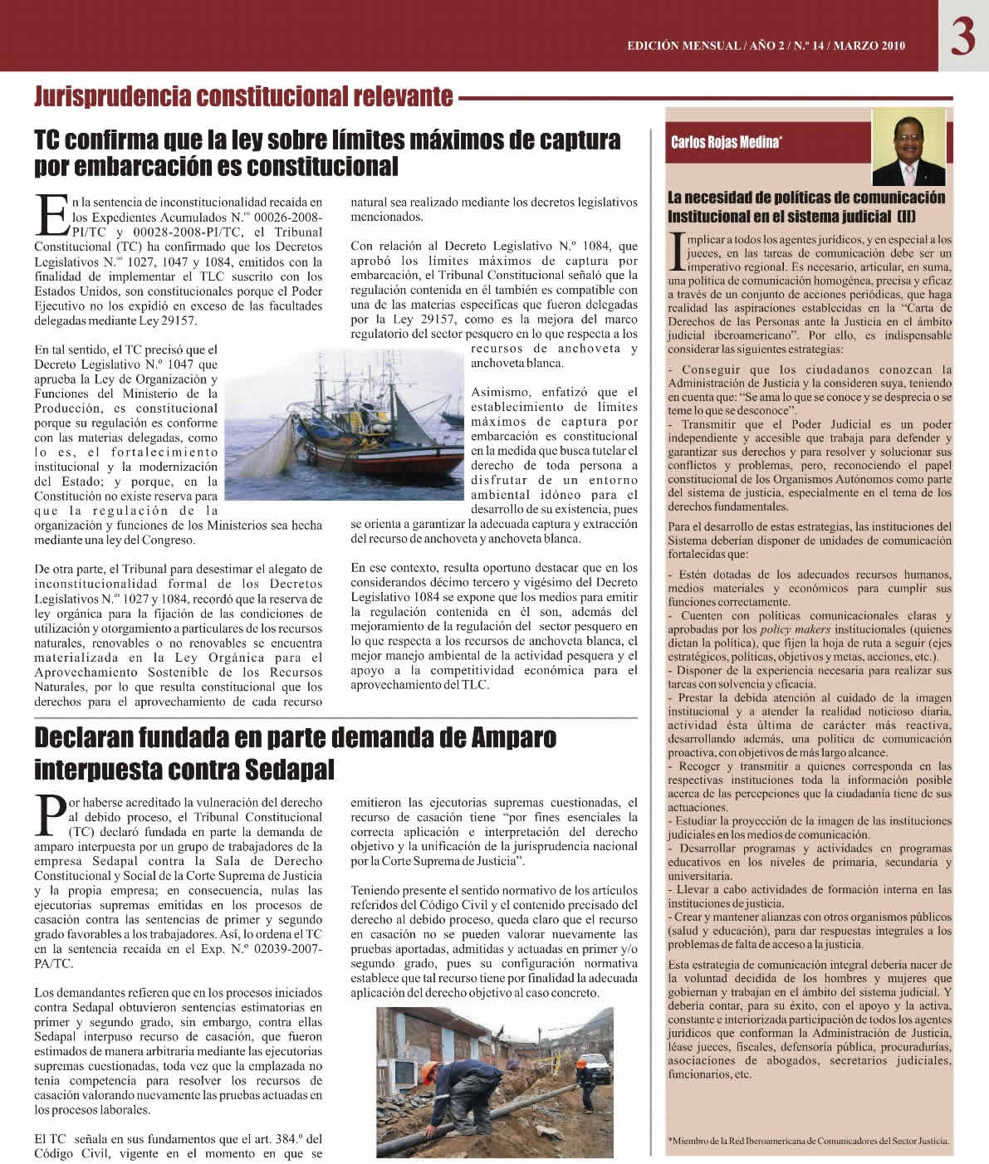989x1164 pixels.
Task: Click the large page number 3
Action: pos(962,39)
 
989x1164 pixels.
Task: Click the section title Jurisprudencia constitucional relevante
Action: pos(243,97)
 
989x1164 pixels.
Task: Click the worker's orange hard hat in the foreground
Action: pos(431,1069)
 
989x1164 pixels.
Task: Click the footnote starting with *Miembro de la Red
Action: pos(807,1140)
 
